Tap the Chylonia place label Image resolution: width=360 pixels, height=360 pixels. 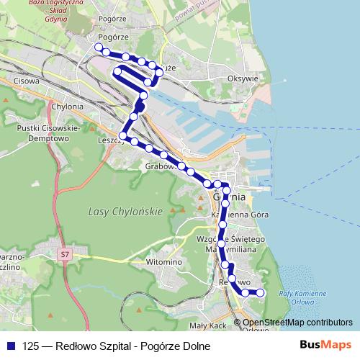pyautogui.click(x=68, y=107)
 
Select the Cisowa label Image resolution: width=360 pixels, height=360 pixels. pyautogui.click(x=26, y=81)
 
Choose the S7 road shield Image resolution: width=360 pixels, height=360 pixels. pyautogui.click(x=66, y=253)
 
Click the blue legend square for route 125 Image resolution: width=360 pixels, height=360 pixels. pyautogui.click(x=11, y=346)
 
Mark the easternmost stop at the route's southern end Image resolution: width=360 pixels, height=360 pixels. pyautogui.click(x=261, y=292)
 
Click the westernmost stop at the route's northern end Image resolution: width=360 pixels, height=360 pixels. pyautogui.click(x=98, y=48)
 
